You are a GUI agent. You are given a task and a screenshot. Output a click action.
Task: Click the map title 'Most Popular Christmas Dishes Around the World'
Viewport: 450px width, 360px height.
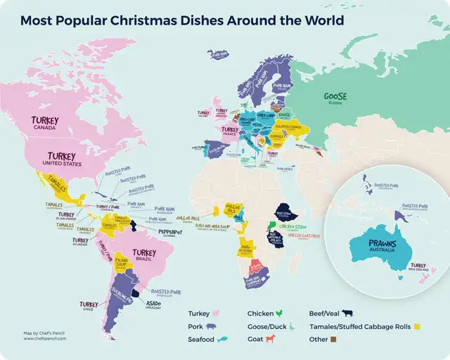[x=182, y=20]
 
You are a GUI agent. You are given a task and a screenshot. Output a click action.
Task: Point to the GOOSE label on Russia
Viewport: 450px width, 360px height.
[x=335, y=97]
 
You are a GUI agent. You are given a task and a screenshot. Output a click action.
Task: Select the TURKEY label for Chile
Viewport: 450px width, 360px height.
[x=89, y=305]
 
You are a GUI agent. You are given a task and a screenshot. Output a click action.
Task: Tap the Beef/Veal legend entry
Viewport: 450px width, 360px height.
[x=330, y=313]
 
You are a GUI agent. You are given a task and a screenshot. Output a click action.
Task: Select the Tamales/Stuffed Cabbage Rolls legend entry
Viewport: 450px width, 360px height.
[x=360, y=326]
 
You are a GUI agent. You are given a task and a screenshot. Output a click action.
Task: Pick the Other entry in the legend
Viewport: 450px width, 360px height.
[x=322, y=339]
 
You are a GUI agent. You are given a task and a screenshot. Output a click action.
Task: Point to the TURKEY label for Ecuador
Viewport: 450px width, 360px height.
[x=80, y=240]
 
